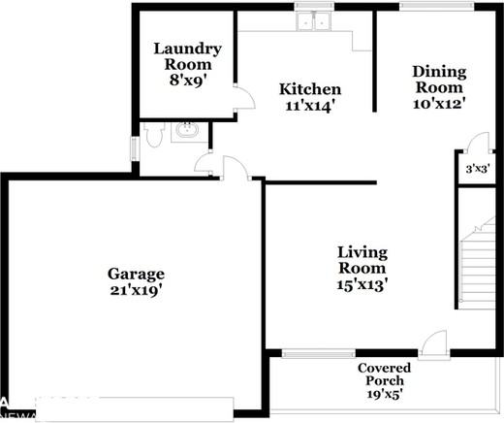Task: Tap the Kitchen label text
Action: tap(310, 89)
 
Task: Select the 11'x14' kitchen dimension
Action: tap(310, 106)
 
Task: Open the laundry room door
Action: tap(242, 97)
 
